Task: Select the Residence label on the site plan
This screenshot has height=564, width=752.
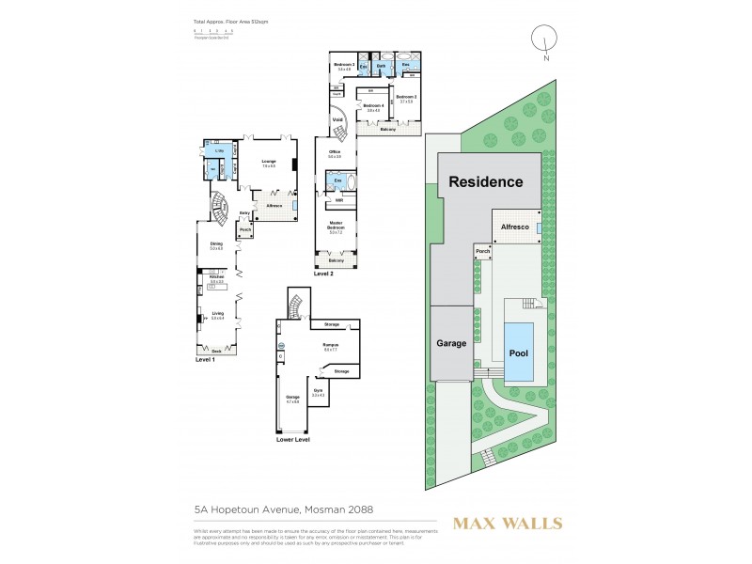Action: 484,181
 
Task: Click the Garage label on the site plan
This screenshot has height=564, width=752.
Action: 450,343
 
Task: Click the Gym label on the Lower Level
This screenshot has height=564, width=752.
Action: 318,391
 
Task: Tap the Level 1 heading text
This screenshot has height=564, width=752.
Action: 206,359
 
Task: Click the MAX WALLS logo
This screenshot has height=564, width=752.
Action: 509,523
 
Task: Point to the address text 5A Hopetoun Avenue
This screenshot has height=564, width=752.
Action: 283,509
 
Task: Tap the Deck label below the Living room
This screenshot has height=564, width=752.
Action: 216,351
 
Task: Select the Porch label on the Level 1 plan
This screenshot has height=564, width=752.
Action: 246,229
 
